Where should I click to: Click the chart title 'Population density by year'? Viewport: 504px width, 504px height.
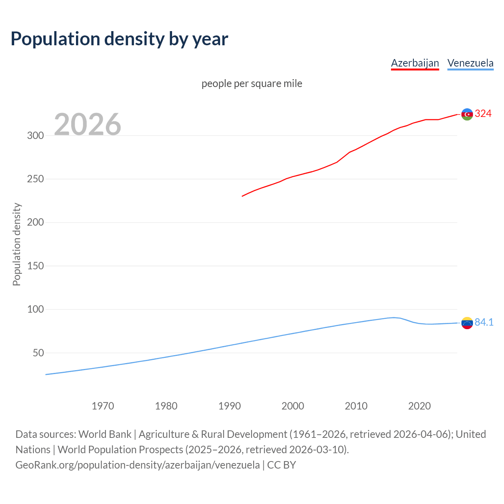pyautogui.click(x=119, y=39)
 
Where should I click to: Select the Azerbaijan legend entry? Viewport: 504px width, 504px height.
pyautogui.click(x=415, y=63)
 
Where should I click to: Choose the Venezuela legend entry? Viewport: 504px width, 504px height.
pyautogui.click(x=470, y=63)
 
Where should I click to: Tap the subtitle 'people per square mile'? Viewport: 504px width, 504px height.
pyautogui.click(x=252, y=83)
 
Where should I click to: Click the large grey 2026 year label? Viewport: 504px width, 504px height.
pyautogui.click(x=87, y=124)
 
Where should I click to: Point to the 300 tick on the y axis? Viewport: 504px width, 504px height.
pyautogui.click(x=35, y=136)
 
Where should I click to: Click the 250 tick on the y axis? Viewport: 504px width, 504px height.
pyautogui.click(x=35, y=179)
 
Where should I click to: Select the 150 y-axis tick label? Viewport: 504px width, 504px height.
pyautogui.click(x=35, y=266)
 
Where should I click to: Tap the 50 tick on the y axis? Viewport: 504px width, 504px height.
pyautogui.click(x=38, y=353)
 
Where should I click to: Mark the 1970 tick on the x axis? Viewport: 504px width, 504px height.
pyautogui.click(x=103, y=406)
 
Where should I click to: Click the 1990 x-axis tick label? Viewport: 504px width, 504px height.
pyautogui.click(x=230, y=406)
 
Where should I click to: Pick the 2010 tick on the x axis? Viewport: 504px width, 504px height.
pyautogui.click(x=356, y=406)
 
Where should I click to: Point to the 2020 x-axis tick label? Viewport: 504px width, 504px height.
pyautogui.click(x=419, y=406)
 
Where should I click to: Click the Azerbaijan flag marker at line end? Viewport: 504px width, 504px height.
pyautogui.click(x=467, y=114)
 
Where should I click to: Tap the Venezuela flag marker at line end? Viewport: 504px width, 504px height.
pyautogui.click(x=467, y=323)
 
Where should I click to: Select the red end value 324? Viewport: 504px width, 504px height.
pyautogui.click(x=483, y=114)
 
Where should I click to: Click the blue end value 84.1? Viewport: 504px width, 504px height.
pyautogui.click(x=484, y=322)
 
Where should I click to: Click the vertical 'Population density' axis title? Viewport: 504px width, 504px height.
pyautogui.click(x=17, y=244)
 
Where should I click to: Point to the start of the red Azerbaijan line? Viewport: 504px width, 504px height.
pyautogui.click(x=243, y=196)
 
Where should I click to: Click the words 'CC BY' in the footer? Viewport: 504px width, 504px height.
pyautogui.click(x=282, y=465)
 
